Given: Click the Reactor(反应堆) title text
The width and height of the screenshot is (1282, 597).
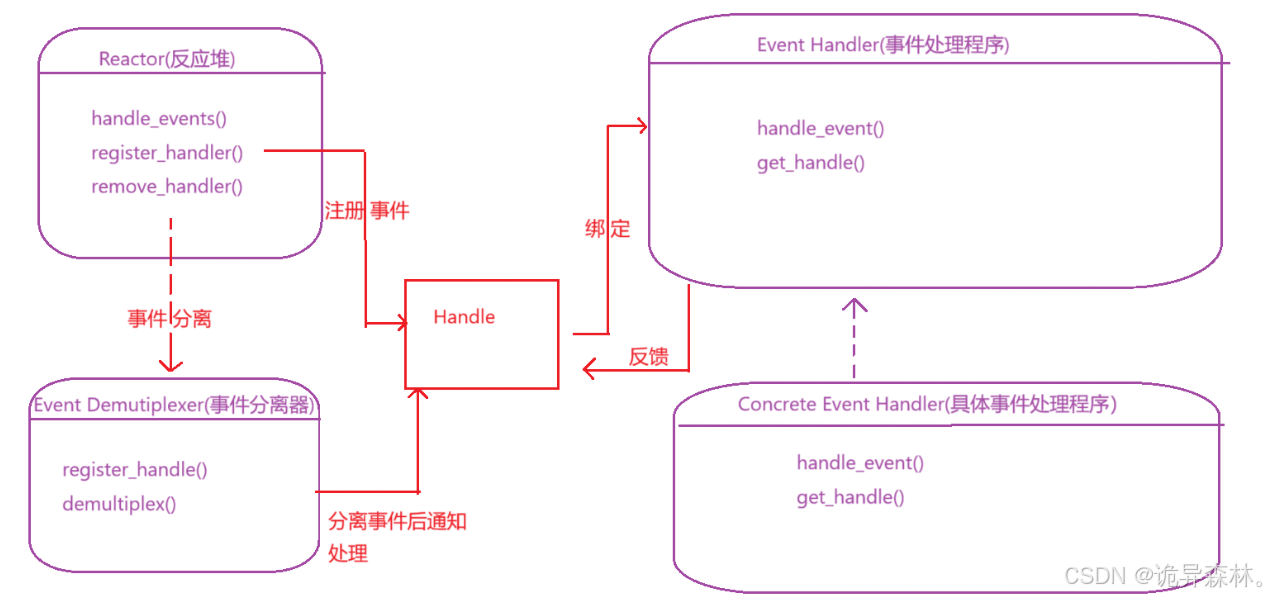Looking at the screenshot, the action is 167,59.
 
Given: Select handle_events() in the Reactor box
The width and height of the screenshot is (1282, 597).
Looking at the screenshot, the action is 159,118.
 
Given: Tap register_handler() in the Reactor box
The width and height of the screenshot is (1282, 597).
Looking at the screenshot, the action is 167,153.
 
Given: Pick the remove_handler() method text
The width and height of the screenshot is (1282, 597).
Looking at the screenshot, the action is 167,187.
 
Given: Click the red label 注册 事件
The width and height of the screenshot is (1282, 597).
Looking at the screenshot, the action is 367,211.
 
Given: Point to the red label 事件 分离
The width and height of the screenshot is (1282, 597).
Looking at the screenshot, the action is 169,318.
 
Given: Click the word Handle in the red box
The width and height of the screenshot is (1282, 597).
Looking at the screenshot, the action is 464,317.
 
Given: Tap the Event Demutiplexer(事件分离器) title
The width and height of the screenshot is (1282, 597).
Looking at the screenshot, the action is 174,405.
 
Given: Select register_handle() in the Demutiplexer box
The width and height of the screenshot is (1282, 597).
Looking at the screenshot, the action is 135,470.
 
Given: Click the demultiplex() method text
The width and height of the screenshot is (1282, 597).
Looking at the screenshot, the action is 119,504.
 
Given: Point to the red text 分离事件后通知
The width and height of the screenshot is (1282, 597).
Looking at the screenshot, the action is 397,521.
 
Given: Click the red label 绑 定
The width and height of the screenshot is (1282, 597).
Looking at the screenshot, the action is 607,229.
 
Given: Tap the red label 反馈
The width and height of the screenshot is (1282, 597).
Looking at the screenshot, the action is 648,357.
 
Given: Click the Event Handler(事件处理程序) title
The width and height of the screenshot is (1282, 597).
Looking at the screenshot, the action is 883,45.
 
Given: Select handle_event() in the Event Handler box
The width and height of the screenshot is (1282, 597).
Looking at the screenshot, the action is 821,128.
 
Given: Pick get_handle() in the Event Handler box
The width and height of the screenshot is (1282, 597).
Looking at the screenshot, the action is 811,163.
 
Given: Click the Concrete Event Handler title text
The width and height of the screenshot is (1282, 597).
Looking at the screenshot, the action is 927,404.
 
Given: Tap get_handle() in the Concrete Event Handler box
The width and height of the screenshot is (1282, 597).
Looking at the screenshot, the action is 850,497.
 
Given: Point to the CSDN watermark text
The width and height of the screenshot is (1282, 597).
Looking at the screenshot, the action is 1164,576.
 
